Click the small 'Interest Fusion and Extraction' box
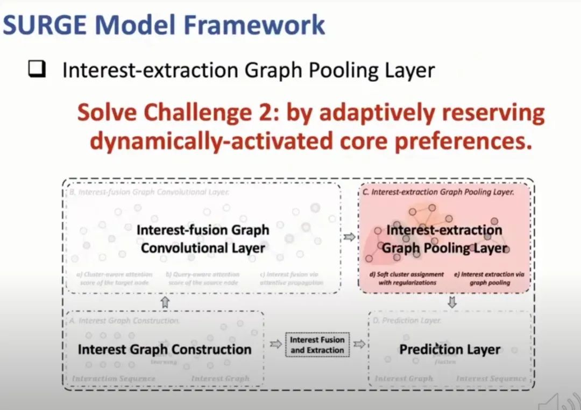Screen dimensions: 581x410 coord(317,345)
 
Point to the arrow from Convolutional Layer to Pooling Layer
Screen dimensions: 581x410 coord(350,236)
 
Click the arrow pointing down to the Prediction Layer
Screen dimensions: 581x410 coord(452,302)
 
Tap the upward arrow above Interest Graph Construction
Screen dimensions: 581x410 coord(165,302)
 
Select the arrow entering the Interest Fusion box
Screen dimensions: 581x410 coord(275,344)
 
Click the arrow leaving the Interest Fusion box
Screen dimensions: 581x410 coord(359,344)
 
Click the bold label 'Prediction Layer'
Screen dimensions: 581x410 coord(450,349)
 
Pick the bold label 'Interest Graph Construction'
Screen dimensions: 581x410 coord(164,349)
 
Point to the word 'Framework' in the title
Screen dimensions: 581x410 coord(255,25)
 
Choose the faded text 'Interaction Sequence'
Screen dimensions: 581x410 coord(114,379)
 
